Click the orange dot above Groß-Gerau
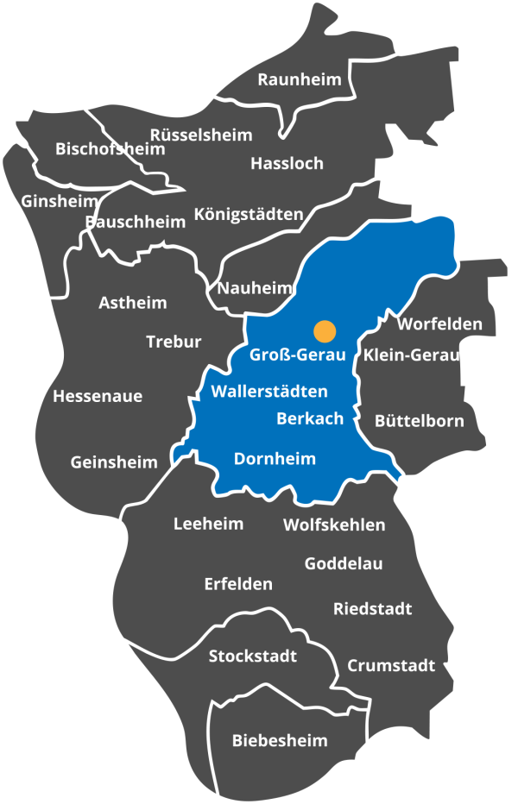325,330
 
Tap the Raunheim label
300,79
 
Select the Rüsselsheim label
201,135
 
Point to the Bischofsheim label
110,149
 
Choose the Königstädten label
249,214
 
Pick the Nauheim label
255,288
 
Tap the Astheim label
133,303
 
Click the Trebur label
174,342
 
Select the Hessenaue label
98,397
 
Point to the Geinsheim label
114,462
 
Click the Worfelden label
439,324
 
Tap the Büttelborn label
419,421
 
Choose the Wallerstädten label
269,392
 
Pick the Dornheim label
275,459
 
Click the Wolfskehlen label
334,524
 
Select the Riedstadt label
372,609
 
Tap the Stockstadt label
253,656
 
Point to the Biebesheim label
280,740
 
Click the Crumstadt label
391,666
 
